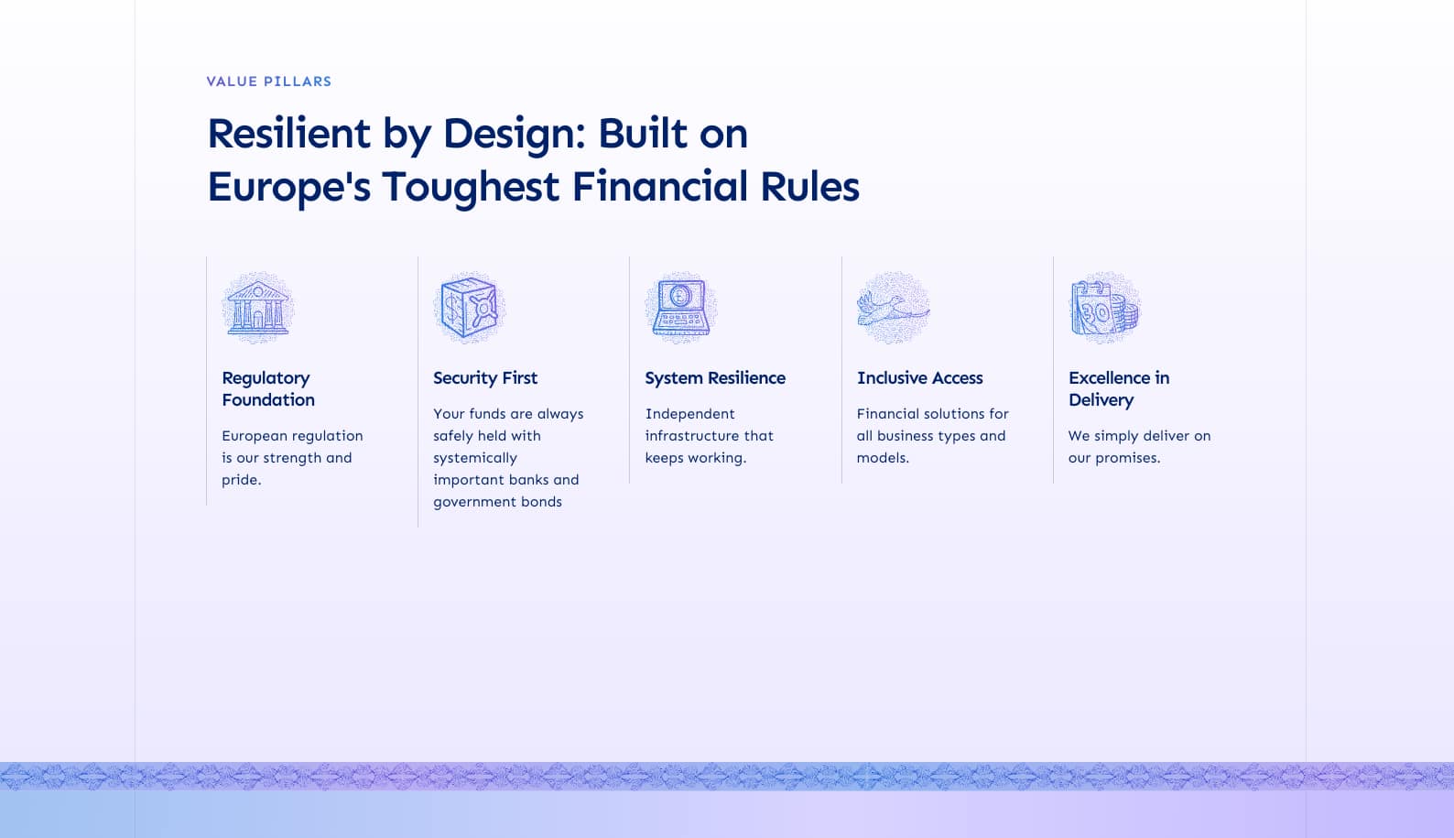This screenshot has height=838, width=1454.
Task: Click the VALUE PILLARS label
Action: click(x=268, y=82)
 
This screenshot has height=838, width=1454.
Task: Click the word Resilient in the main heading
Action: click(x=288, y=133)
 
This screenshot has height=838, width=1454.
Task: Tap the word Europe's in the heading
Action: click(x=288, y=187)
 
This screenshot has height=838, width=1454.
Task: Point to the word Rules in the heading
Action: click(x=809, y=186)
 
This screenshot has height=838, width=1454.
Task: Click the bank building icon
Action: click(x=257, y=308)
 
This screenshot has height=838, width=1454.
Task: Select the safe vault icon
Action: click(x=470, y=308)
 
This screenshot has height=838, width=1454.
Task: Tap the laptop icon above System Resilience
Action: click(x=681, y=308)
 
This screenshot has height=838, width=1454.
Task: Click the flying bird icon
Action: click(x=893, y=308)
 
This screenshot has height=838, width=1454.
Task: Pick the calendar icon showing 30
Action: click(x=1105, y=308)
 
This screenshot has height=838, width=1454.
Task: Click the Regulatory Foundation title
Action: click(x=268, y=389)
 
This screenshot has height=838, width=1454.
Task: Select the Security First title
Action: click(x=485, y=377)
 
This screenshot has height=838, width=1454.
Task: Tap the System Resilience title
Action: click(x=715, y=377)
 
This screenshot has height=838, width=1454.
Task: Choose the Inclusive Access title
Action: click(x=919, y=377)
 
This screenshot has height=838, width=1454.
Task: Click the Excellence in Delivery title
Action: click(x=1118, y=389)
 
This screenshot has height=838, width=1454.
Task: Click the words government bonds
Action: click(x=497, y=503)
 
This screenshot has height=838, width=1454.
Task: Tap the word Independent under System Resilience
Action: click(x=690, y=414)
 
